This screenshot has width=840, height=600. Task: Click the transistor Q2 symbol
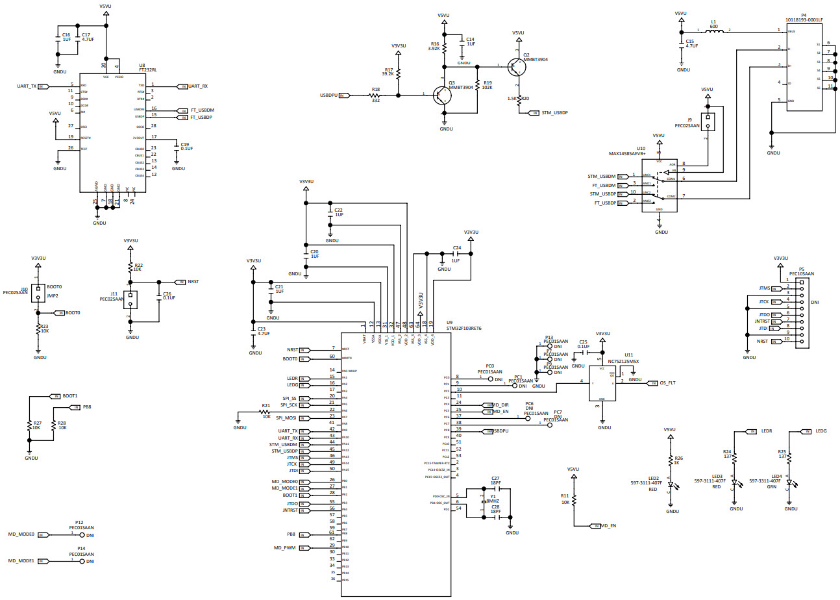516,66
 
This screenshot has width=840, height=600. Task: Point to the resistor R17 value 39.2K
388,74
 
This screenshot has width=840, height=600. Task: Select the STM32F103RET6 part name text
463,329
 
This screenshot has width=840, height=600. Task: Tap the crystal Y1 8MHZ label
493,501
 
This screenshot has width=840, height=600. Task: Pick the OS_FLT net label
667,382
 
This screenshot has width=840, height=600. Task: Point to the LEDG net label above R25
821,431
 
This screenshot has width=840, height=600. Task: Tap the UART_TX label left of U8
27,86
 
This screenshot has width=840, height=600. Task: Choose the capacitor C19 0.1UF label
185,147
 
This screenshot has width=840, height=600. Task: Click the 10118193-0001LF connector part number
804,19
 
